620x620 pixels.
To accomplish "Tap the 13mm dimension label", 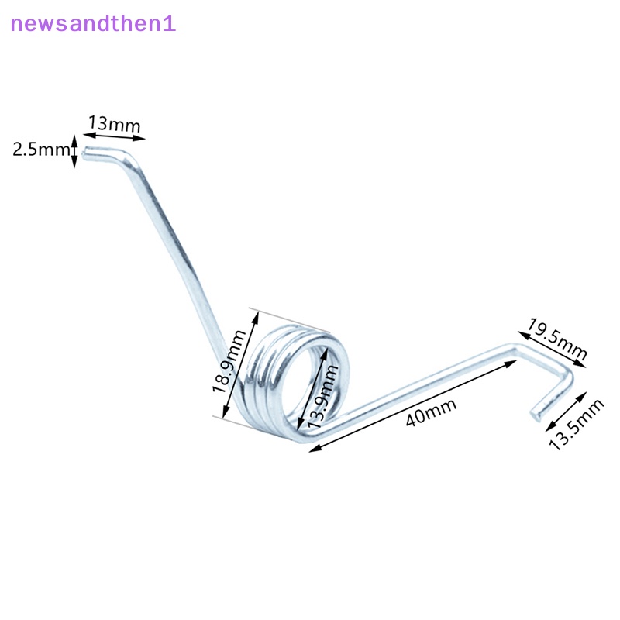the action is [114, 124].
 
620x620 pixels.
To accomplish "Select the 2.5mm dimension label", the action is [41, 150].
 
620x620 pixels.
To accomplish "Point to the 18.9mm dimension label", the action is [229, 361].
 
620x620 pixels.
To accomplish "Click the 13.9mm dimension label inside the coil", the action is [323, 397].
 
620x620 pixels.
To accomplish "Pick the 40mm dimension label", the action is [431, 412].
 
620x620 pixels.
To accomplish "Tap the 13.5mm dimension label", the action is [577, 425].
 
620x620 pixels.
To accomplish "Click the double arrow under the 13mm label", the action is [114, 136].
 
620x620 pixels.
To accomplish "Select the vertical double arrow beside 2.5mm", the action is [74, 151].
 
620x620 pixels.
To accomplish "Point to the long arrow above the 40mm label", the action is [413, 405].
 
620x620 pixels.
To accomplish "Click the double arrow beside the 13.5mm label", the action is [566, 412].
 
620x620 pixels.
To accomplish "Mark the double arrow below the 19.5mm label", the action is [552, 350].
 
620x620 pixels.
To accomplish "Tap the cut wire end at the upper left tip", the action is [85, 153].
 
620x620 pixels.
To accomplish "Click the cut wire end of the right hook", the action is [536, 415].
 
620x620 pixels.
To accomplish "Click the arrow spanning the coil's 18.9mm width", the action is [240, 364].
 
